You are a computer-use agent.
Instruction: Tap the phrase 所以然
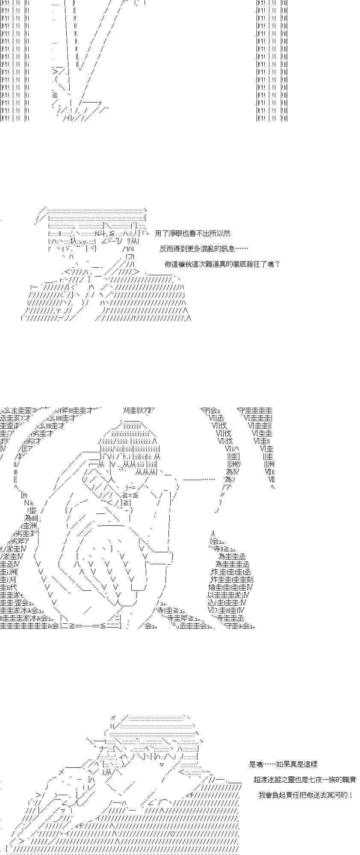(220, 233)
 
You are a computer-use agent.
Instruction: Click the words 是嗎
(256, 764)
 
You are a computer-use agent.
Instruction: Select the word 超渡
(261, 780)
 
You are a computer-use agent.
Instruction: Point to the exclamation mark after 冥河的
(351, 795)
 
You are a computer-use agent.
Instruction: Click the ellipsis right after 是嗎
(269, 764)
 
